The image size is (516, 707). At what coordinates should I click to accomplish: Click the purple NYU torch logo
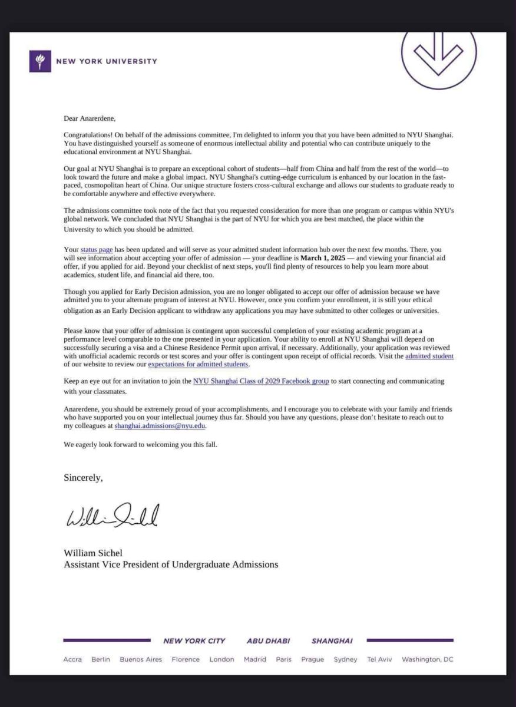click(x=39, y=61)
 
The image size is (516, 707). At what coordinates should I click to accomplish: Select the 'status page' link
click(x=97, y=250)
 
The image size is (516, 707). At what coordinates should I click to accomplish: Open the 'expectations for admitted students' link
click(x=198, y=365)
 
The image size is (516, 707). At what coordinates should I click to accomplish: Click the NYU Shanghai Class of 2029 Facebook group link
click(x=261, y=381)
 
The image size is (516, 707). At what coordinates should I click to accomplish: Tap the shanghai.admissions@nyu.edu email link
click(x=160, y=425)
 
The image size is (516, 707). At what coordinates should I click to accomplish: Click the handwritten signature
click(x=113, y=516)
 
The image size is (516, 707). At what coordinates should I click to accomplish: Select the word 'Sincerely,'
click(x=83, y=478)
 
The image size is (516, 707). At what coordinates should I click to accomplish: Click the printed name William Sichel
click(x=94, y=553)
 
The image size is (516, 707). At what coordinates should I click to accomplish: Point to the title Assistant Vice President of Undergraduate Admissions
click(x=171, y=564)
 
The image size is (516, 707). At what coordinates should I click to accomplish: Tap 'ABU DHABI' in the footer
click(x=268, y=641)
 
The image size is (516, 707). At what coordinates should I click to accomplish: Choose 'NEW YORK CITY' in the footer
click(x=194, y=641)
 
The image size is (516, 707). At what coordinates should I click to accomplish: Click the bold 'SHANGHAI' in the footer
click(x=332, y=641)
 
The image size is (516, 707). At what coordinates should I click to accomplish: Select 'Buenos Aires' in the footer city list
click(x=141, y=659)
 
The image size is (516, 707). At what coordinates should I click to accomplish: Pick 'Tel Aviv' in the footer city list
click(x=379, y=659)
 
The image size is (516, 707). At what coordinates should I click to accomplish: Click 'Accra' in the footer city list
click(x=72, y=659)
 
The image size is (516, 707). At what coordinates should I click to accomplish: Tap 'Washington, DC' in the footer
click(x=428, y=659)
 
